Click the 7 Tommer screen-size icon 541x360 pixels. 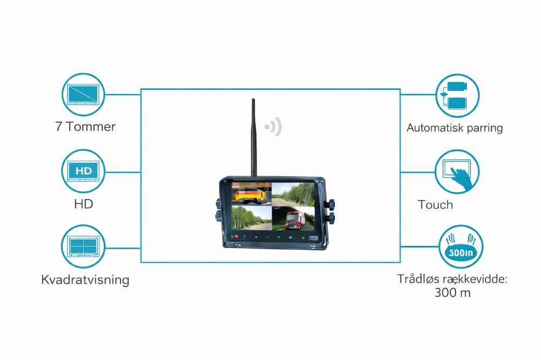pos(83,94)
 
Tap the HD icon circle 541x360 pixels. pos(83,171)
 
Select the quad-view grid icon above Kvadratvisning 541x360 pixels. pos(83,247)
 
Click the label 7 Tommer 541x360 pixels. pos(85,127)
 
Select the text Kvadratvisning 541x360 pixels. pos(85,280)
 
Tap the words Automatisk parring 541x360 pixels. pos(454,128)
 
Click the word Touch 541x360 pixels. pos(436,204)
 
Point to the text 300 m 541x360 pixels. pos(452,293)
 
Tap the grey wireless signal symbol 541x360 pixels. pos(274,128)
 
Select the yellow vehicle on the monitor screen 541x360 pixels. pos(249,193)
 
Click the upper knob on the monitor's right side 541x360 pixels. pos(329,205)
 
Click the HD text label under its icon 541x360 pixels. pos(83,204)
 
